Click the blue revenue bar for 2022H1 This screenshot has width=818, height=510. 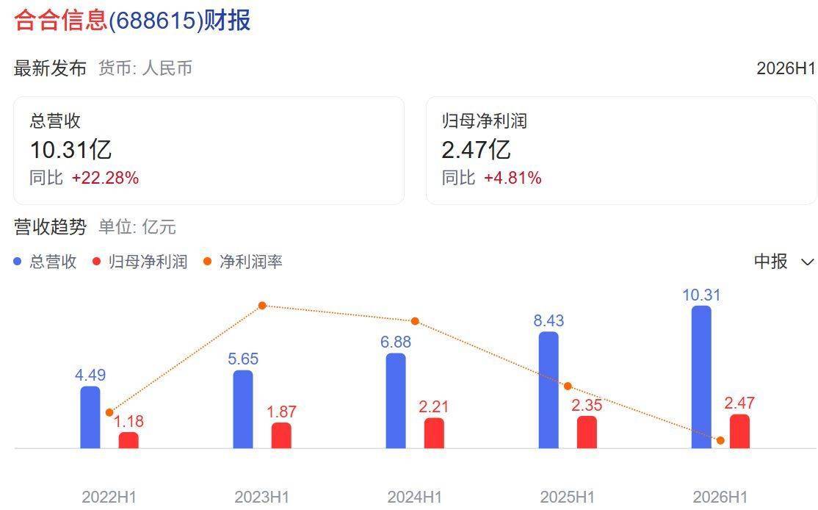pos(90,417)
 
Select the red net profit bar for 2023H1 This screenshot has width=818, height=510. pos(281,435)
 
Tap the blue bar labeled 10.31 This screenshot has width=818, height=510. pos(701,377)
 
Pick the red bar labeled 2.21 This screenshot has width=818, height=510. pos(434,433)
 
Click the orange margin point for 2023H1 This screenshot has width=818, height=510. pos(262,306)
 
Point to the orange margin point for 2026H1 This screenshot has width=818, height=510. pos(720,441)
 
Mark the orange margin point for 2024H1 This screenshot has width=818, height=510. pos(416,321)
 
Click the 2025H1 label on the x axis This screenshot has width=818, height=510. pos(567,497)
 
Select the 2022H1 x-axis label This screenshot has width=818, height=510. pos(109,497)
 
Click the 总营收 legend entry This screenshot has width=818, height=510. pos(46,262)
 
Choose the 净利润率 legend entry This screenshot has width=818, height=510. pos(243,262)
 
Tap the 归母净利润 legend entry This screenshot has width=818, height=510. pos(140,262)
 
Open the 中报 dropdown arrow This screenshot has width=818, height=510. pos(807,262)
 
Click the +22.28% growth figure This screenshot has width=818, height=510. pos(106,178)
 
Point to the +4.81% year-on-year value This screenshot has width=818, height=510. pos(513,178)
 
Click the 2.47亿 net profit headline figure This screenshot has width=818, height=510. pos(476,150)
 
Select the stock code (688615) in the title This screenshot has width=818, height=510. pos(156,21)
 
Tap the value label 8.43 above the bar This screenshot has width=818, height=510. pos(549,320)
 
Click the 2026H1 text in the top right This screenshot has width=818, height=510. pos(786,68)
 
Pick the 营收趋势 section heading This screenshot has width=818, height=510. pos(50,227)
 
